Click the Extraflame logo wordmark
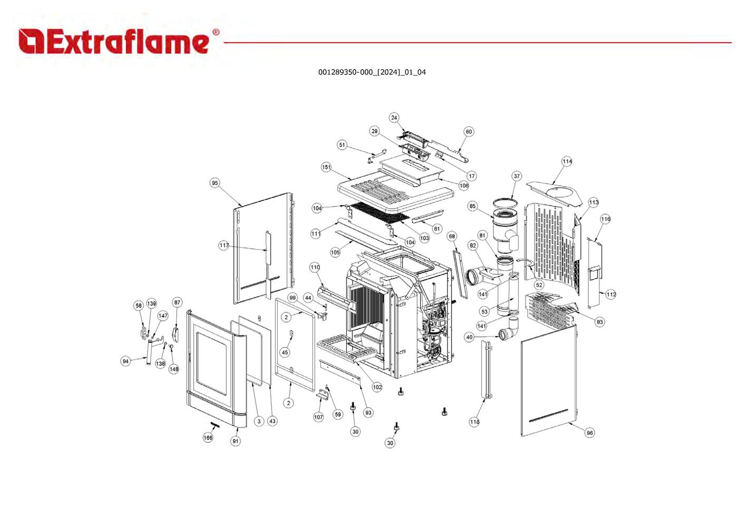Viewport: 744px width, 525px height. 113,42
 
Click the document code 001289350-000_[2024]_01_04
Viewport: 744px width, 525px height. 371,72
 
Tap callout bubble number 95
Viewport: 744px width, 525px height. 215,183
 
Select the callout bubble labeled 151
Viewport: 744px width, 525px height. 327,167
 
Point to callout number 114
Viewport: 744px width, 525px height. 567,161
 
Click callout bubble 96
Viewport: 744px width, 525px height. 590,433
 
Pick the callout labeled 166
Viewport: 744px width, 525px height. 208,437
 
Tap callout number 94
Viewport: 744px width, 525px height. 126,361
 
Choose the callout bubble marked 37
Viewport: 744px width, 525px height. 517,176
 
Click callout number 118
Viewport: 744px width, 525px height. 474,422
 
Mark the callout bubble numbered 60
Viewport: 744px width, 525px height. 469,132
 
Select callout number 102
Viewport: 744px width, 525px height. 377,387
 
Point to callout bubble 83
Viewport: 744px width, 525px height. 599,322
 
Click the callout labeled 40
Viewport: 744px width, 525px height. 470,337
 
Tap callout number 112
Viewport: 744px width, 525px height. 611,294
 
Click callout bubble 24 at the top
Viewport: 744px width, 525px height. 394,118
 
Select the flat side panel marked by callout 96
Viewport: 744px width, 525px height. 549,380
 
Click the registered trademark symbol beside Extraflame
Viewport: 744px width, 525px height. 215,32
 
